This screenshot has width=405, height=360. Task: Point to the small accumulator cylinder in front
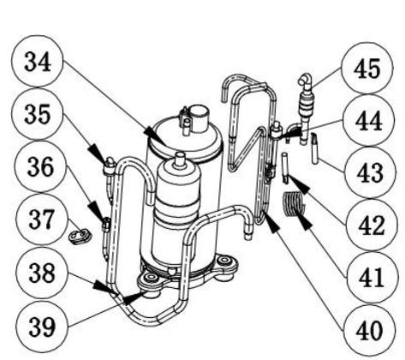click(x=180, y=206)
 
